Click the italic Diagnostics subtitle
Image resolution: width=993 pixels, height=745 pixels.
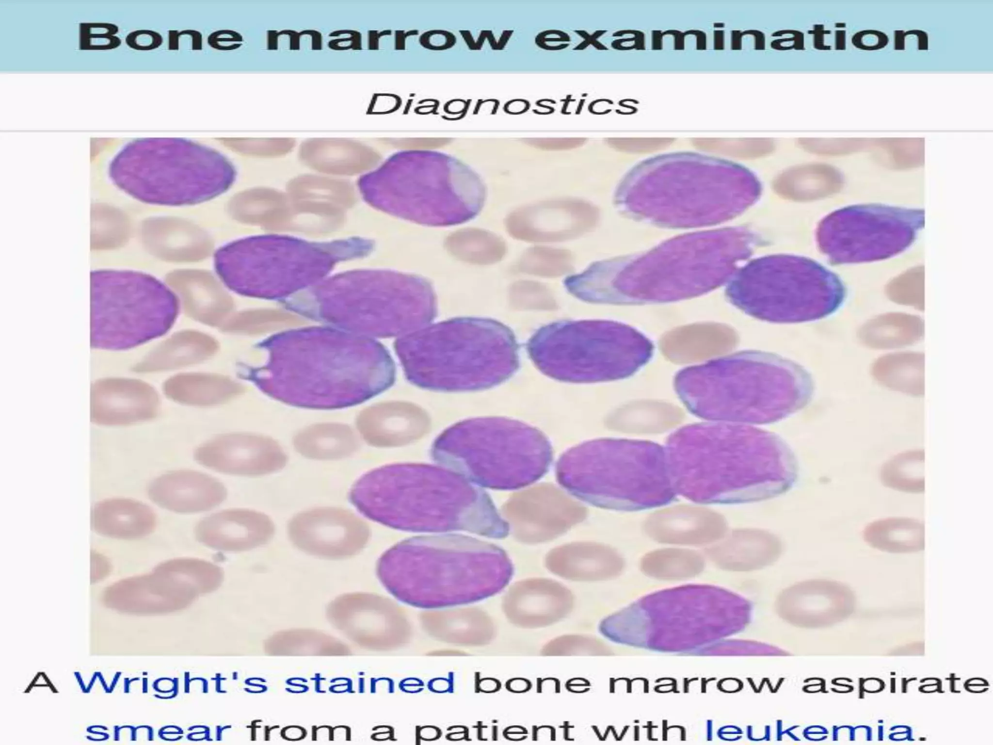pos(501,104)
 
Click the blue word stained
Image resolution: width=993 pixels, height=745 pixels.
pos(369,682)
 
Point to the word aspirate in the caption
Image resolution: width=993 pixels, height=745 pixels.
pos(895,682)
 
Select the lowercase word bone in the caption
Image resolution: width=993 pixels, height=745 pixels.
pos(531,682)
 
